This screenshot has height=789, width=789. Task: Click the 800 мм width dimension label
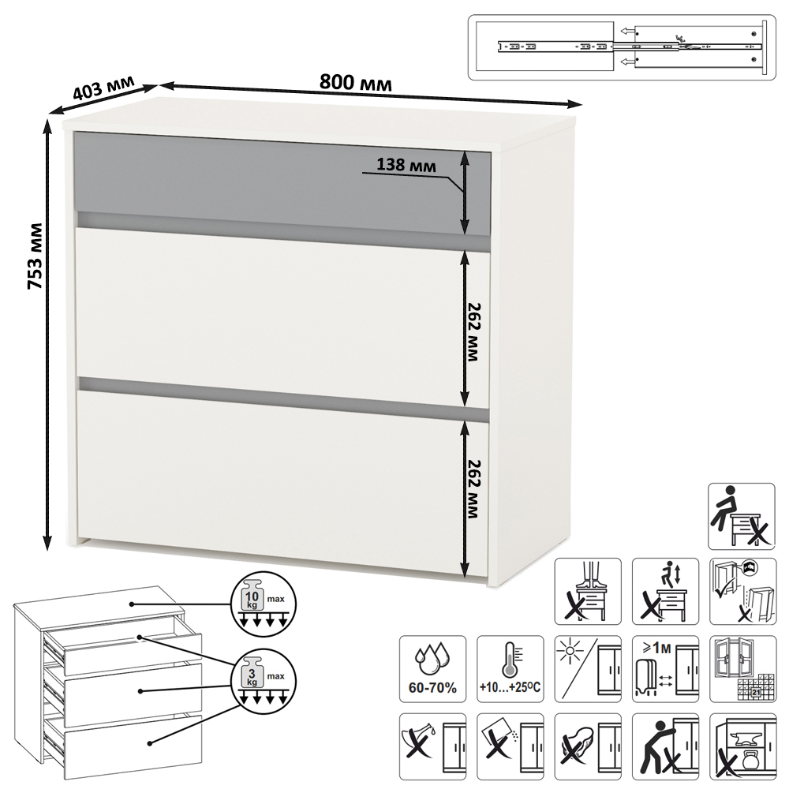pos(355,82)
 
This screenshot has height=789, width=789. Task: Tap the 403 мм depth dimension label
pos(103,87)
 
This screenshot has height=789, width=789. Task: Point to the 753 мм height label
pos(35,256)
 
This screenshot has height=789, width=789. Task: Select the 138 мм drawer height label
pos(406,165)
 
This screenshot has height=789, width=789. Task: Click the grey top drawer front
pos(282,184)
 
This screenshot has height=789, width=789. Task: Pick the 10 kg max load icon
pos(264,604)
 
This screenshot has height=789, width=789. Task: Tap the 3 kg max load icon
pos(264,682)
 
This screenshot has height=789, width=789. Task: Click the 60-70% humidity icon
pos(432,669)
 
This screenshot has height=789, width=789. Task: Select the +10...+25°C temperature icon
pos(510,669)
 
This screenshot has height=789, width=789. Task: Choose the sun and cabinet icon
pos(588,669)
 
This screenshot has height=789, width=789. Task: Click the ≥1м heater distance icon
pos(665,669)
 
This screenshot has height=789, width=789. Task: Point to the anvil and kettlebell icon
pos(742,746)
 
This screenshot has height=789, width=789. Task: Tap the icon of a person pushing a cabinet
pos(665,746)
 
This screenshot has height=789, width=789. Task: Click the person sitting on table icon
pos(742,516)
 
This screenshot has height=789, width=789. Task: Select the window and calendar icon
pos(742,669)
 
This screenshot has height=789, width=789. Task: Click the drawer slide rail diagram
pos(623,47)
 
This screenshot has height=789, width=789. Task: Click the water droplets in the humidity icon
pos(432,658)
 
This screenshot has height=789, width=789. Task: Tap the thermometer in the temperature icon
pos(509,659)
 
